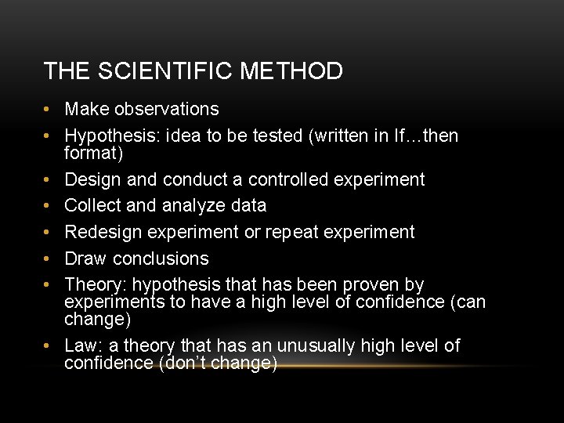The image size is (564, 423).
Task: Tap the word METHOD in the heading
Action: [291, 71]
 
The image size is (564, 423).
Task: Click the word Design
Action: [92, 179]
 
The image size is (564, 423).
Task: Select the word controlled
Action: [289, 179]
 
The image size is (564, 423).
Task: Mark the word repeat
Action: [291, 233]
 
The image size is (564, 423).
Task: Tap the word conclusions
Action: [161, 258]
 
